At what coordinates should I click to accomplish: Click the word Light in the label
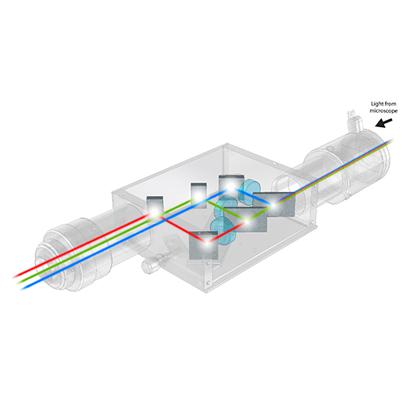click(x=376, y=104)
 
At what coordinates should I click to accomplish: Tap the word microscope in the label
click(x=383, y=110)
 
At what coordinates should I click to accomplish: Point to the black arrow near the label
click(x=384, y=123)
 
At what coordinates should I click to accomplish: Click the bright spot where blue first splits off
click(x=274, y=204)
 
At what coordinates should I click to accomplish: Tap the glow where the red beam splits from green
click(x=247, y=221)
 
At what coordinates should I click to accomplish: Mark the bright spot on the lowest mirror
click(x=208, y=241)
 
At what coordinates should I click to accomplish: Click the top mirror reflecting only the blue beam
click(x=231, y=187)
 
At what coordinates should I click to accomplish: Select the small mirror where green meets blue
click(x=198, y=195)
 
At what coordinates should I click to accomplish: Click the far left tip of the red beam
click(x=13, y=277)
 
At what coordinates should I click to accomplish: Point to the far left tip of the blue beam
click(x=21, y=289)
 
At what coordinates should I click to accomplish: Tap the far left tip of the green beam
click(x=17, y=283)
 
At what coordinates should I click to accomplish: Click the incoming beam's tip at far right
click(x=392, y=140)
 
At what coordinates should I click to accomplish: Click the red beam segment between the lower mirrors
click(x=227, y=232)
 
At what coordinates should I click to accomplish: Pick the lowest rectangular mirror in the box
click(x=204, y=245)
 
